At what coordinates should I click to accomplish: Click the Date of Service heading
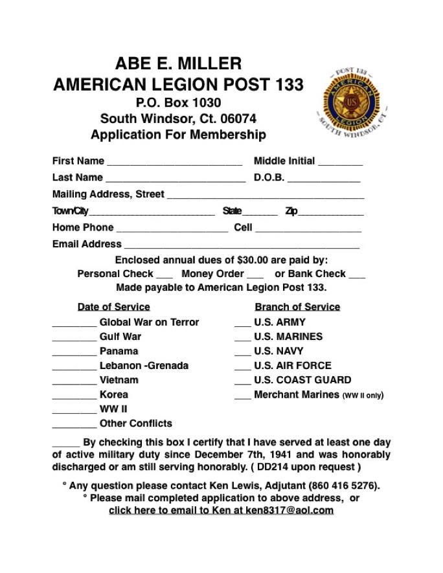[113, 307]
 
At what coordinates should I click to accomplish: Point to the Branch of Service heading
[297, 307]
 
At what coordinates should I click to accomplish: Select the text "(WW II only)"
[363, 396]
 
